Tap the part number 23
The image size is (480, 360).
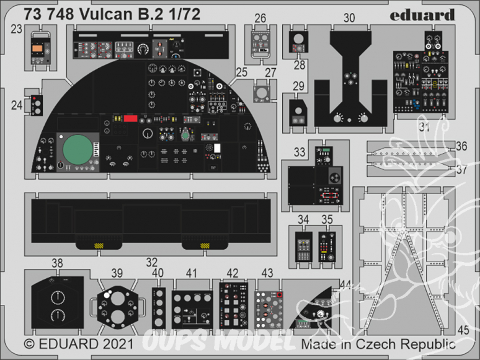click(x=16, y=28)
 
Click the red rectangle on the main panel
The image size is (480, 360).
click(x=130, y=118)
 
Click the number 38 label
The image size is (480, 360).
click(x=57, y=263)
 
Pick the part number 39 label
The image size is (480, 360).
click(x=117, y=273)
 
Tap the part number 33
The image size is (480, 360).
click(x=300, y=151)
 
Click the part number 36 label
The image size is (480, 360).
click(x=461, y=147)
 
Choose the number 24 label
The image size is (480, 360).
click(x=16, y=105)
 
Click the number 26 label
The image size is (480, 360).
click(x=260, y=19)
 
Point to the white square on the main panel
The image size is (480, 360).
click(x=218, y=147)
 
